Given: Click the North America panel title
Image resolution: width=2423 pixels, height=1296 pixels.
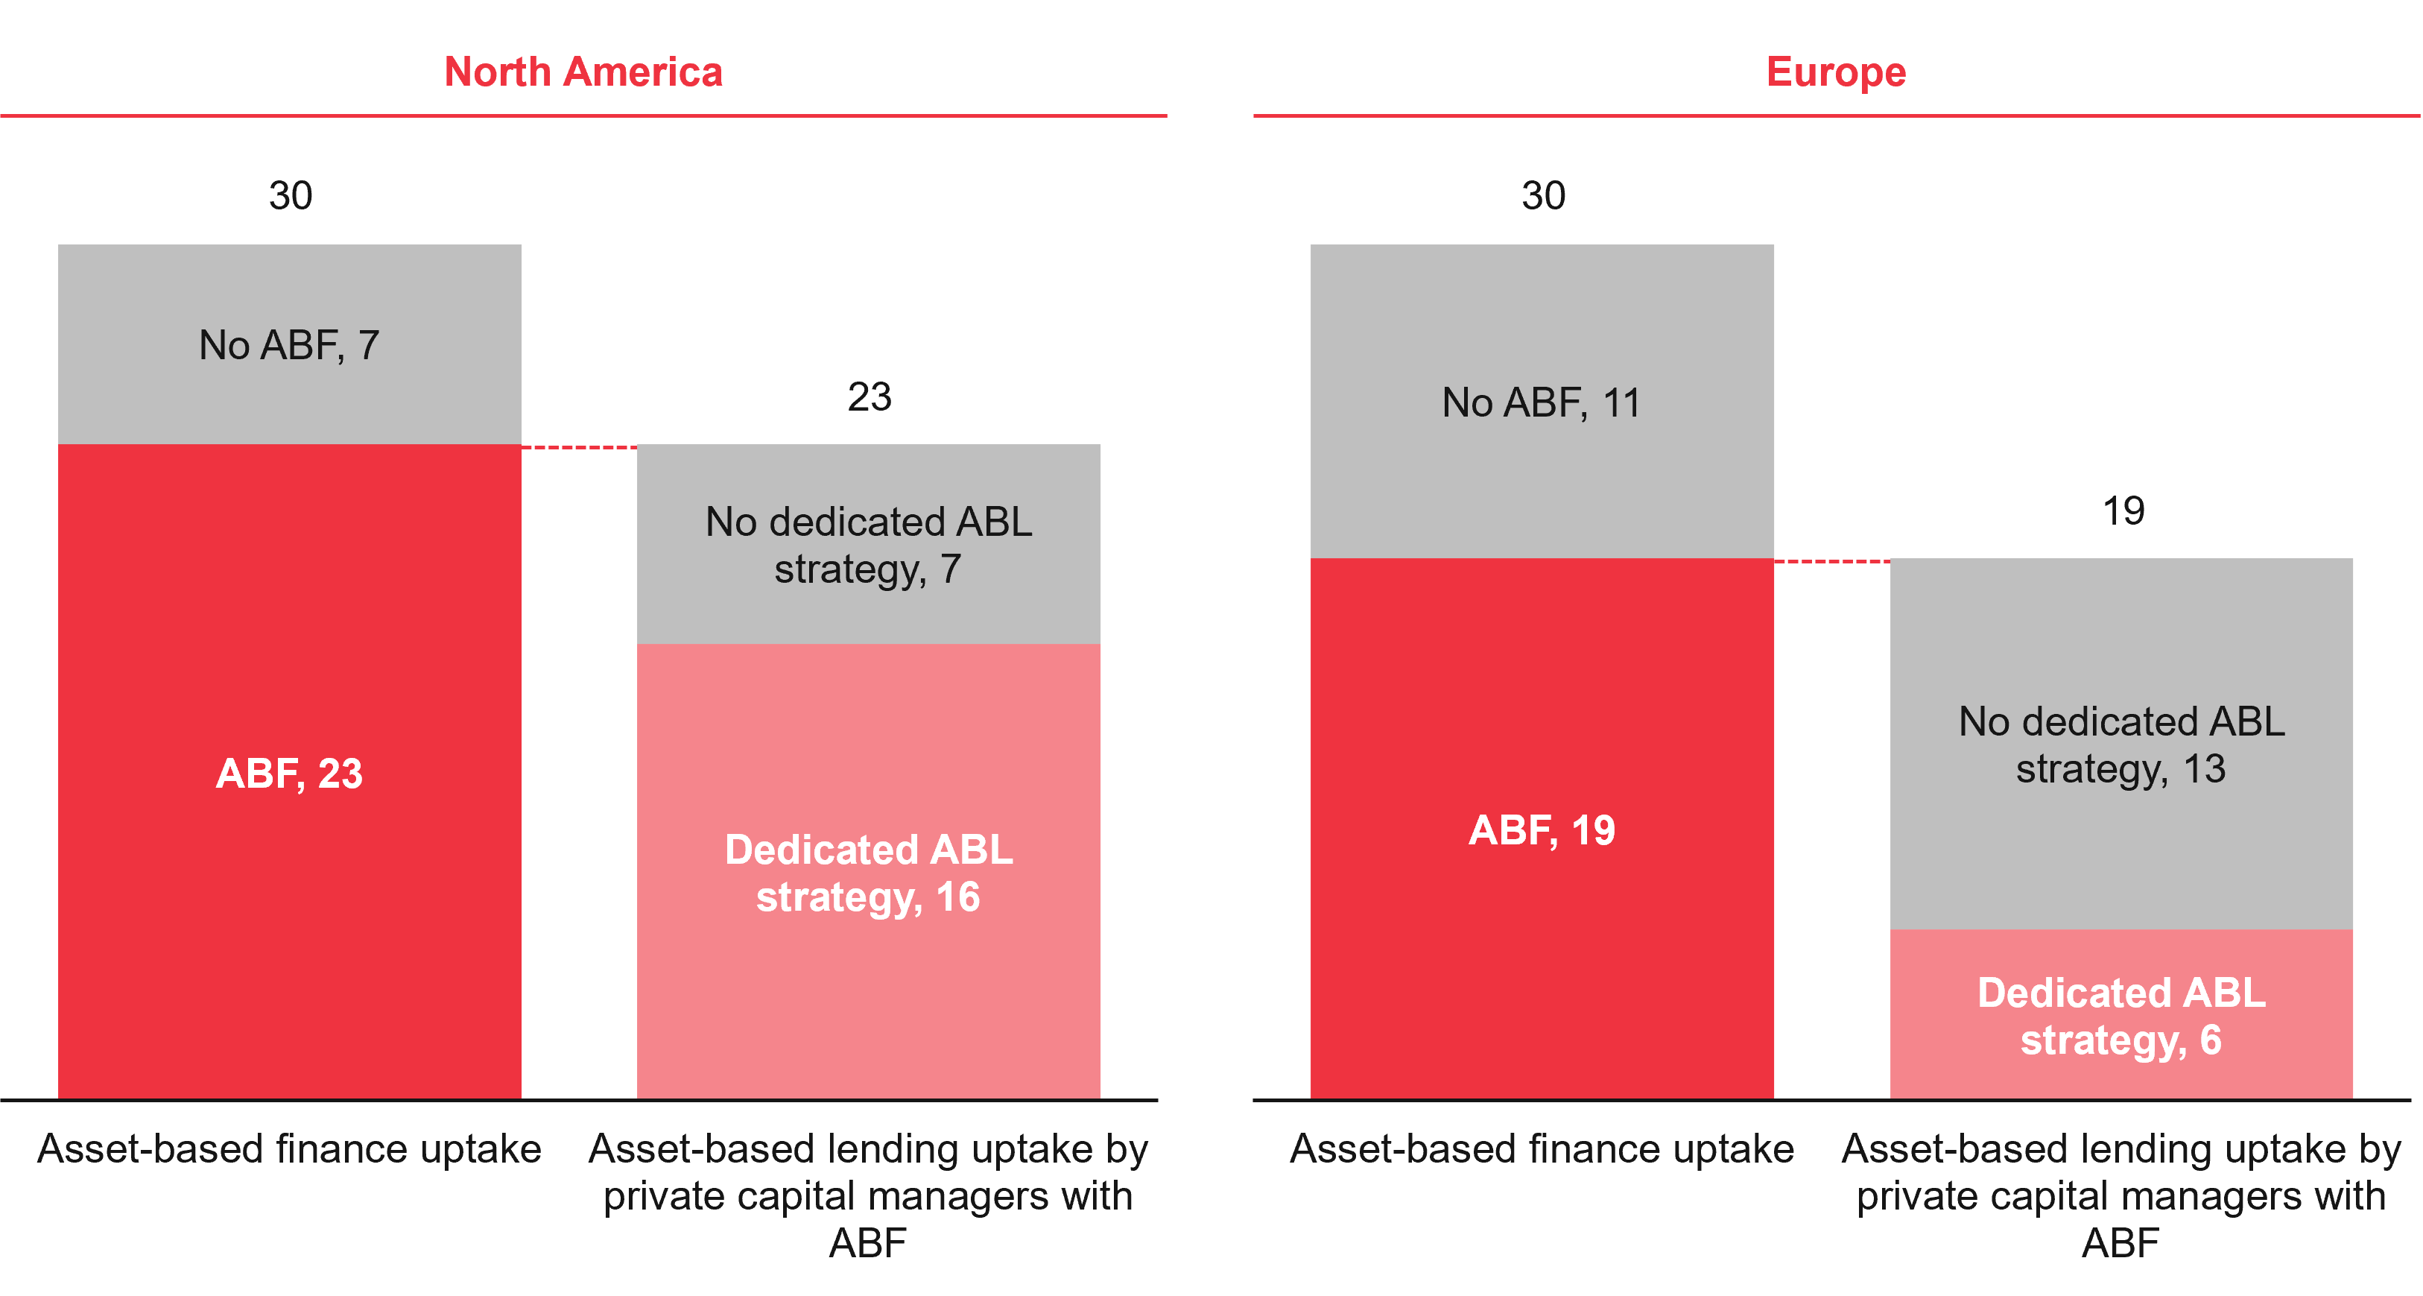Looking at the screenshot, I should pyautogui.click(x=583, y=72).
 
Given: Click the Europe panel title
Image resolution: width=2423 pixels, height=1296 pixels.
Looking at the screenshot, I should pyautogui.click(x=1835, y=72).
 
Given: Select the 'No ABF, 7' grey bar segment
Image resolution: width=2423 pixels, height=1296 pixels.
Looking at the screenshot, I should pyautogui.click(x=290, y=345).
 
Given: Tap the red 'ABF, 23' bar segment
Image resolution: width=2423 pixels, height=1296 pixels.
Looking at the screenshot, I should pyautogui.click(x=290, y=773).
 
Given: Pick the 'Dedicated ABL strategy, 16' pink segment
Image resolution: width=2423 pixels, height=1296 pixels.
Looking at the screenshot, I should pyautogui.click(x=868, y=872).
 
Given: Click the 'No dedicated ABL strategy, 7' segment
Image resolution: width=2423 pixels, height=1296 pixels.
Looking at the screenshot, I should pyautogui.click(x=868, y=545).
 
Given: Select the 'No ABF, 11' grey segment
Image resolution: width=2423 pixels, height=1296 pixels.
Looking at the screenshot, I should pyautogui.click(x=1542, y=402).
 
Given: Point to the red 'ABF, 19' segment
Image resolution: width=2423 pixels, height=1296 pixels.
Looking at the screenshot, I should pyautogui.click(x=1542, y=829).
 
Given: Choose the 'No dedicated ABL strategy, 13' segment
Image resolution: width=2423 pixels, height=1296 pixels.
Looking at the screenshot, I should pyautogui.click(x=2121, y=744).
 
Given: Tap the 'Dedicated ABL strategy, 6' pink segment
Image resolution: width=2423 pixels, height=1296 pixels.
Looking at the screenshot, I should pyautogui.click(x=2121, y=1016).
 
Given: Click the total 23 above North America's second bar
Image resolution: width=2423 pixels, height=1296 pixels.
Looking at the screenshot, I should pyautogui.click(x=869, y=397).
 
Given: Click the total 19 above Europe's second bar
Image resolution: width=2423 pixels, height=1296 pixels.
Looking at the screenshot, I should pyautogui.click(x=2123, y=511).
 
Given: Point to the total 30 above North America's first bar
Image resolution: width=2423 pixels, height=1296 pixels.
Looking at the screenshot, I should pyautogui.click(x=291, y=195).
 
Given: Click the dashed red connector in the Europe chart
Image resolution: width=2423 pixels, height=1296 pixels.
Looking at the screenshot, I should pyautogui.click(x=1831, y=561).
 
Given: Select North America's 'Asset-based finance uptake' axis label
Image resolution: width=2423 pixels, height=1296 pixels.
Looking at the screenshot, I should pyautogui.click(x=290, y=1149).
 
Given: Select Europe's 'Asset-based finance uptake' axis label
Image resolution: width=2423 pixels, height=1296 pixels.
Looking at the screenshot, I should pyautogui.click(x=1542, y=1149).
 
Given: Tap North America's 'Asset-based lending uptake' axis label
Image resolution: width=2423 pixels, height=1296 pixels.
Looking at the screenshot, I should pyautogui.click(x=868, y=1195).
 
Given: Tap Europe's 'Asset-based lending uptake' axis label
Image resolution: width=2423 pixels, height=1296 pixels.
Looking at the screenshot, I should pyautogui.click(x=2121, y=1195).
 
